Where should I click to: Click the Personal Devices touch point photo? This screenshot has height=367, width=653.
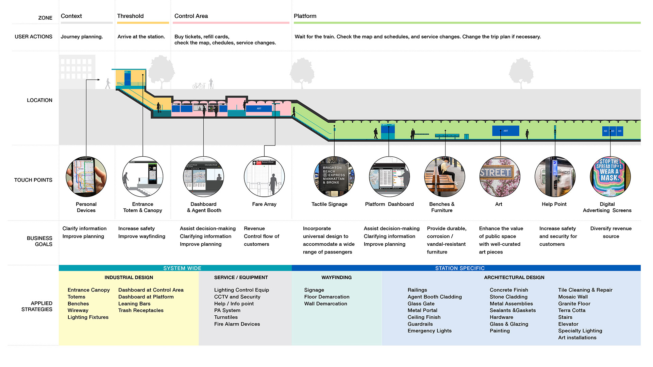coord(86,177)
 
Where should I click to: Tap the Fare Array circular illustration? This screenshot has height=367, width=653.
coord(264,177)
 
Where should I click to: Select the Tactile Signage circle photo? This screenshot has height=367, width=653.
coord(334,177)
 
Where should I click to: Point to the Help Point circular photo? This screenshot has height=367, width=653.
coord(555,177)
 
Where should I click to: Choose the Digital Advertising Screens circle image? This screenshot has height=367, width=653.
coord(610,177)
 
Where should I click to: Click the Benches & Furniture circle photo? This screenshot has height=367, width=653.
coord(445,177)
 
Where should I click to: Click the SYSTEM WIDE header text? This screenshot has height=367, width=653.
coord(182,268)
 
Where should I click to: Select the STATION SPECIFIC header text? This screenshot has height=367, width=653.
coord(460,268)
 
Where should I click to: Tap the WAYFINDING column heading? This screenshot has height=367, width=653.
coord(336,278)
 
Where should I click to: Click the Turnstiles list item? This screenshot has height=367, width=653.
coord(226,317)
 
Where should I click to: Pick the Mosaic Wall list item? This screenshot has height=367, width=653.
coord(573,297)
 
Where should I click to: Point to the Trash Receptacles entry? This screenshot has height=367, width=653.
coord(141,311)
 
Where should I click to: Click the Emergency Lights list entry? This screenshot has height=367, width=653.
coord(430,331)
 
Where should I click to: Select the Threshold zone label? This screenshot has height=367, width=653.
coord(130,16)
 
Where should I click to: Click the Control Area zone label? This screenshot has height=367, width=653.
coord(191,16)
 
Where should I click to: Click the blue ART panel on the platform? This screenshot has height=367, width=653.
coord(505,131)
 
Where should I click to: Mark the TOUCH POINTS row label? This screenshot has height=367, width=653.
coord(33,180)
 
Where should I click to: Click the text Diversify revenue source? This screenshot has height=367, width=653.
coord(611,232)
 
